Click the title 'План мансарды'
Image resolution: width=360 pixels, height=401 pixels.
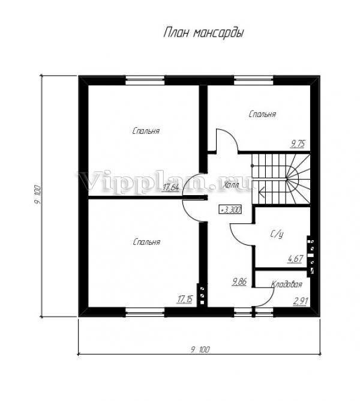203,33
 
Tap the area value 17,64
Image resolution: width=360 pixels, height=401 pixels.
170,187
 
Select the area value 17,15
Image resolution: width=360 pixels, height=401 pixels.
185,299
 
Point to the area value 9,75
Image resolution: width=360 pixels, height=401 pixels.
298,143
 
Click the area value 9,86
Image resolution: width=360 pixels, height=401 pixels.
239,282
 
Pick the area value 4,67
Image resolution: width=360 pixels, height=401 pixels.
295,259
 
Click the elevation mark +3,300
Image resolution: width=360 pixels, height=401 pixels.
230,210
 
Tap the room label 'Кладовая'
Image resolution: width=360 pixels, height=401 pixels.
287,284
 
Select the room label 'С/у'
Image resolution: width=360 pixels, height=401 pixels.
277,234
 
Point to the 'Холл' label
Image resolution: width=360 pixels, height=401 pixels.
231,185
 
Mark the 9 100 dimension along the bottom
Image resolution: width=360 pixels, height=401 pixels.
200,349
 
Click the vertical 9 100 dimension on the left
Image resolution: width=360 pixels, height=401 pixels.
37,194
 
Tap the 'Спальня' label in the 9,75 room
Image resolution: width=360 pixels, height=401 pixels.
262,114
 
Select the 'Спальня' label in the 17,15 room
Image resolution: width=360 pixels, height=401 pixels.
146,242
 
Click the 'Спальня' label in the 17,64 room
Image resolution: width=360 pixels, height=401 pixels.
146,131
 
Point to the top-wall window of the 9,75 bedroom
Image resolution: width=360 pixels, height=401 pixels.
254,80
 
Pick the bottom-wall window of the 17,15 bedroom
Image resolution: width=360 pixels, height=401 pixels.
145,312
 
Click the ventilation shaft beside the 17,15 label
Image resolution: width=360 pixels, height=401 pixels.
202,295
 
